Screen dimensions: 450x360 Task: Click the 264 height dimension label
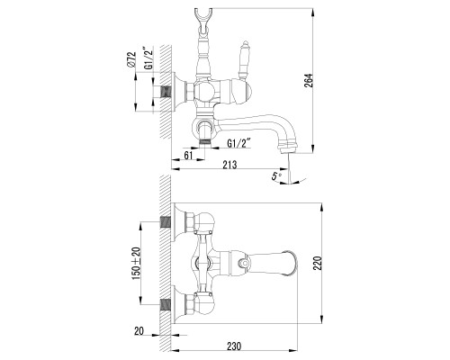(x=309, y=81)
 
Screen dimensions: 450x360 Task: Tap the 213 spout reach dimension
(x=229, y=165)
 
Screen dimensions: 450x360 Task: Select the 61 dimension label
(x=188, y=156)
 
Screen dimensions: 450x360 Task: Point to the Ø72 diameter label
(x=131, y=59)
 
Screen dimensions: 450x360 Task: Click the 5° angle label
(x=276, y=175)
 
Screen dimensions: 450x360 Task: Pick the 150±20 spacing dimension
(x=136, y=264)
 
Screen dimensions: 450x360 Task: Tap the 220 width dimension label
(x=318, y=263)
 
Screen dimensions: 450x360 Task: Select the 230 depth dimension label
(x=234, y=346)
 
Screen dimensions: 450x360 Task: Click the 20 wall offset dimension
(x=139, y=331)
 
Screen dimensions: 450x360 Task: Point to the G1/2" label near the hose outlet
(x=238, y=144)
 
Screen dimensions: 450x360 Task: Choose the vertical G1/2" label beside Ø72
(x=148, y=58)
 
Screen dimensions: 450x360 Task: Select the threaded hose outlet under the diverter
(x=205, y=141)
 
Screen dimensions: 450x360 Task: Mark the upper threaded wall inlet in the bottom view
(x=166, y=222)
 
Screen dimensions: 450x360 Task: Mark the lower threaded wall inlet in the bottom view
(x=166, y=305)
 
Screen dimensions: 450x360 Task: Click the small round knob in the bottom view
(x=245, y=264)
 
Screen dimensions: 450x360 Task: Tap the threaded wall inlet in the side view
(x=166, y=93)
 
